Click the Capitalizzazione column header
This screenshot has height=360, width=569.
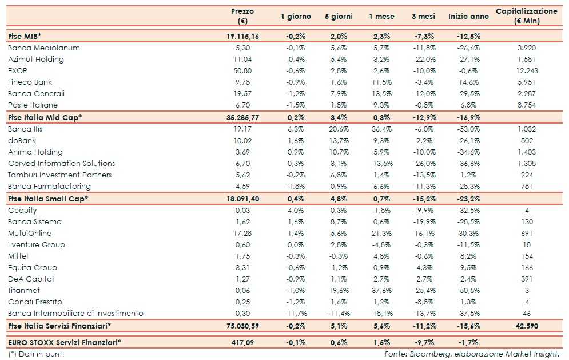[526, 16]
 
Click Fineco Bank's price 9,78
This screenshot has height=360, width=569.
[243, 82]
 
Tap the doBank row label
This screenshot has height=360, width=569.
[21, 140]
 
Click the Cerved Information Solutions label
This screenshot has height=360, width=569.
[62, 163]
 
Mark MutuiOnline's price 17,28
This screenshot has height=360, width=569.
[243, 233]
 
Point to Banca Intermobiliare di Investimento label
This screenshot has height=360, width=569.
[75, 313]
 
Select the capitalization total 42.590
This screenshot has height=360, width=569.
[526, 326]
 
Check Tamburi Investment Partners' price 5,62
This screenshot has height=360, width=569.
[243, 175]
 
